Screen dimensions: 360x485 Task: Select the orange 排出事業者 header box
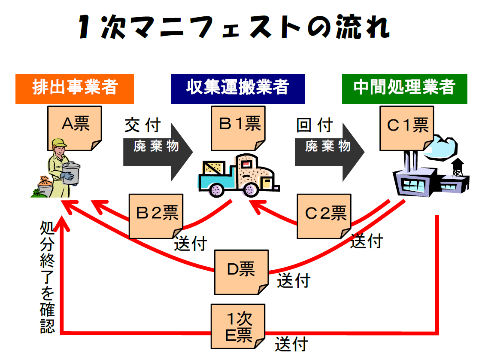pyautogui.click(x=75, y=88)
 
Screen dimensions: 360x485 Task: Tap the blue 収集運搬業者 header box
pyautogui.click(x=237, y=88)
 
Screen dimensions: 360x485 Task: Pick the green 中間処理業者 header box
pyautogui.click(x=404, y=88)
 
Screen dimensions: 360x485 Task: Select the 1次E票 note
pyautogui.click(x=238, y=326)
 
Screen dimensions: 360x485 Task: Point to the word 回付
pyautogui.click(x=315, y=126)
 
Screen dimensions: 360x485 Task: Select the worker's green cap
pyautogui.click(x=59, y=143)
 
